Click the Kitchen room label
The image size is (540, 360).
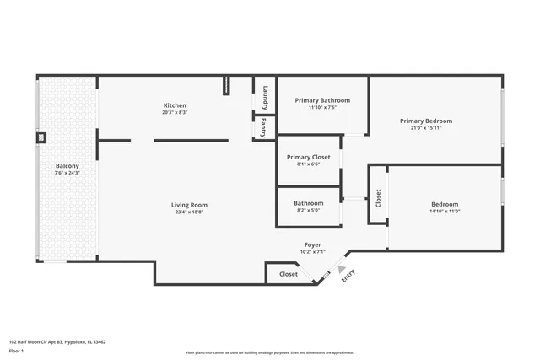click(x=175, y=105)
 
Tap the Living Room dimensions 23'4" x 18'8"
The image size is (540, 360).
click(x=189, y=212)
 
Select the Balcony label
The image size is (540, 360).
click(x=67, y=166)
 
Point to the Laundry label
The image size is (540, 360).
click(x=265, y=98)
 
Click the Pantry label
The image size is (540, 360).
click(x=265, y=129)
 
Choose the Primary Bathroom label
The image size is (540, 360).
click(x=322, y=100)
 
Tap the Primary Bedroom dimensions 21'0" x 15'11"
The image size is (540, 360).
click(x=426, y=128)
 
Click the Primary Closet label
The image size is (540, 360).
click(x=309, y=157)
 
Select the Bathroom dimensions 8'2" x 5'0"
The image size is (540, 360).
click(x=309, y=211)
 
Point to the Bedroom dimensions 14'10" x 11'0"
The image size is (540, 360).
click(x=445, y=212)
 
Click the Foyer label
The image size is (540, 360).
click(x=313, y=244)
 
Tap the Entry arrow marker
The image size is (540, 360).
click(x=342, y=270)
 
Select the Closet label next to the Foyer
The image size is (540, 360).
click(x=289, y=274)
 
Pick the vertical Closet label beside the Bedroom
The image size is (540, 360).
click(x=379, y=199)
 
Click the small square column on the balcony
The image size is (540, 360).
click(x=40, y=137)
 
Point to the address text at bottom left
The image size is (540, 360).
click(x=57, y=342)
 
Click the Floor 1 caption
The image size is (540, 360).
click(x=17, y=351)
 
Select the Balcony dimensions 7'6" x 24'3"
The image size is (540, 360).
click(x=67, y=174)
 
